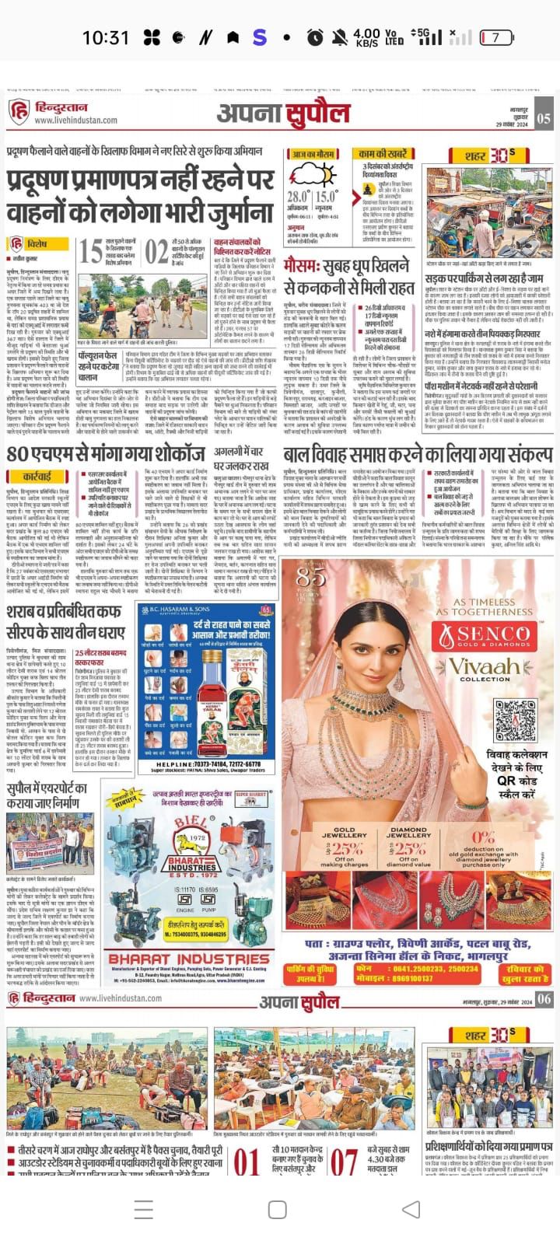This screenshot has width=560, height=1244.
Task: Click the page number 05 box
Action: pos(543,118)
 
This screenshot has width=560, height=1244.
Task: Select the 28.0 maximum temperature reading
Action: pos(298,197)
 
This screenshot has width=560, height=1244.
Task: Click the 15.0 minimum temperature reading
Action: pos(327,197)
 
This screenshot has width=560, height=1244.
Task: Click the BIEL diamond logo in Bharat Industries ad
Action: pos(190,845)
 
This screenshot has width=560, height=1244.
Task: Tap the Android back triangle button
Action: pos(411,1209)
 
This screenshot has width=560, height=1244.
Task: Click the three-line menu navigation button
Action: pos(144,1209)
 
